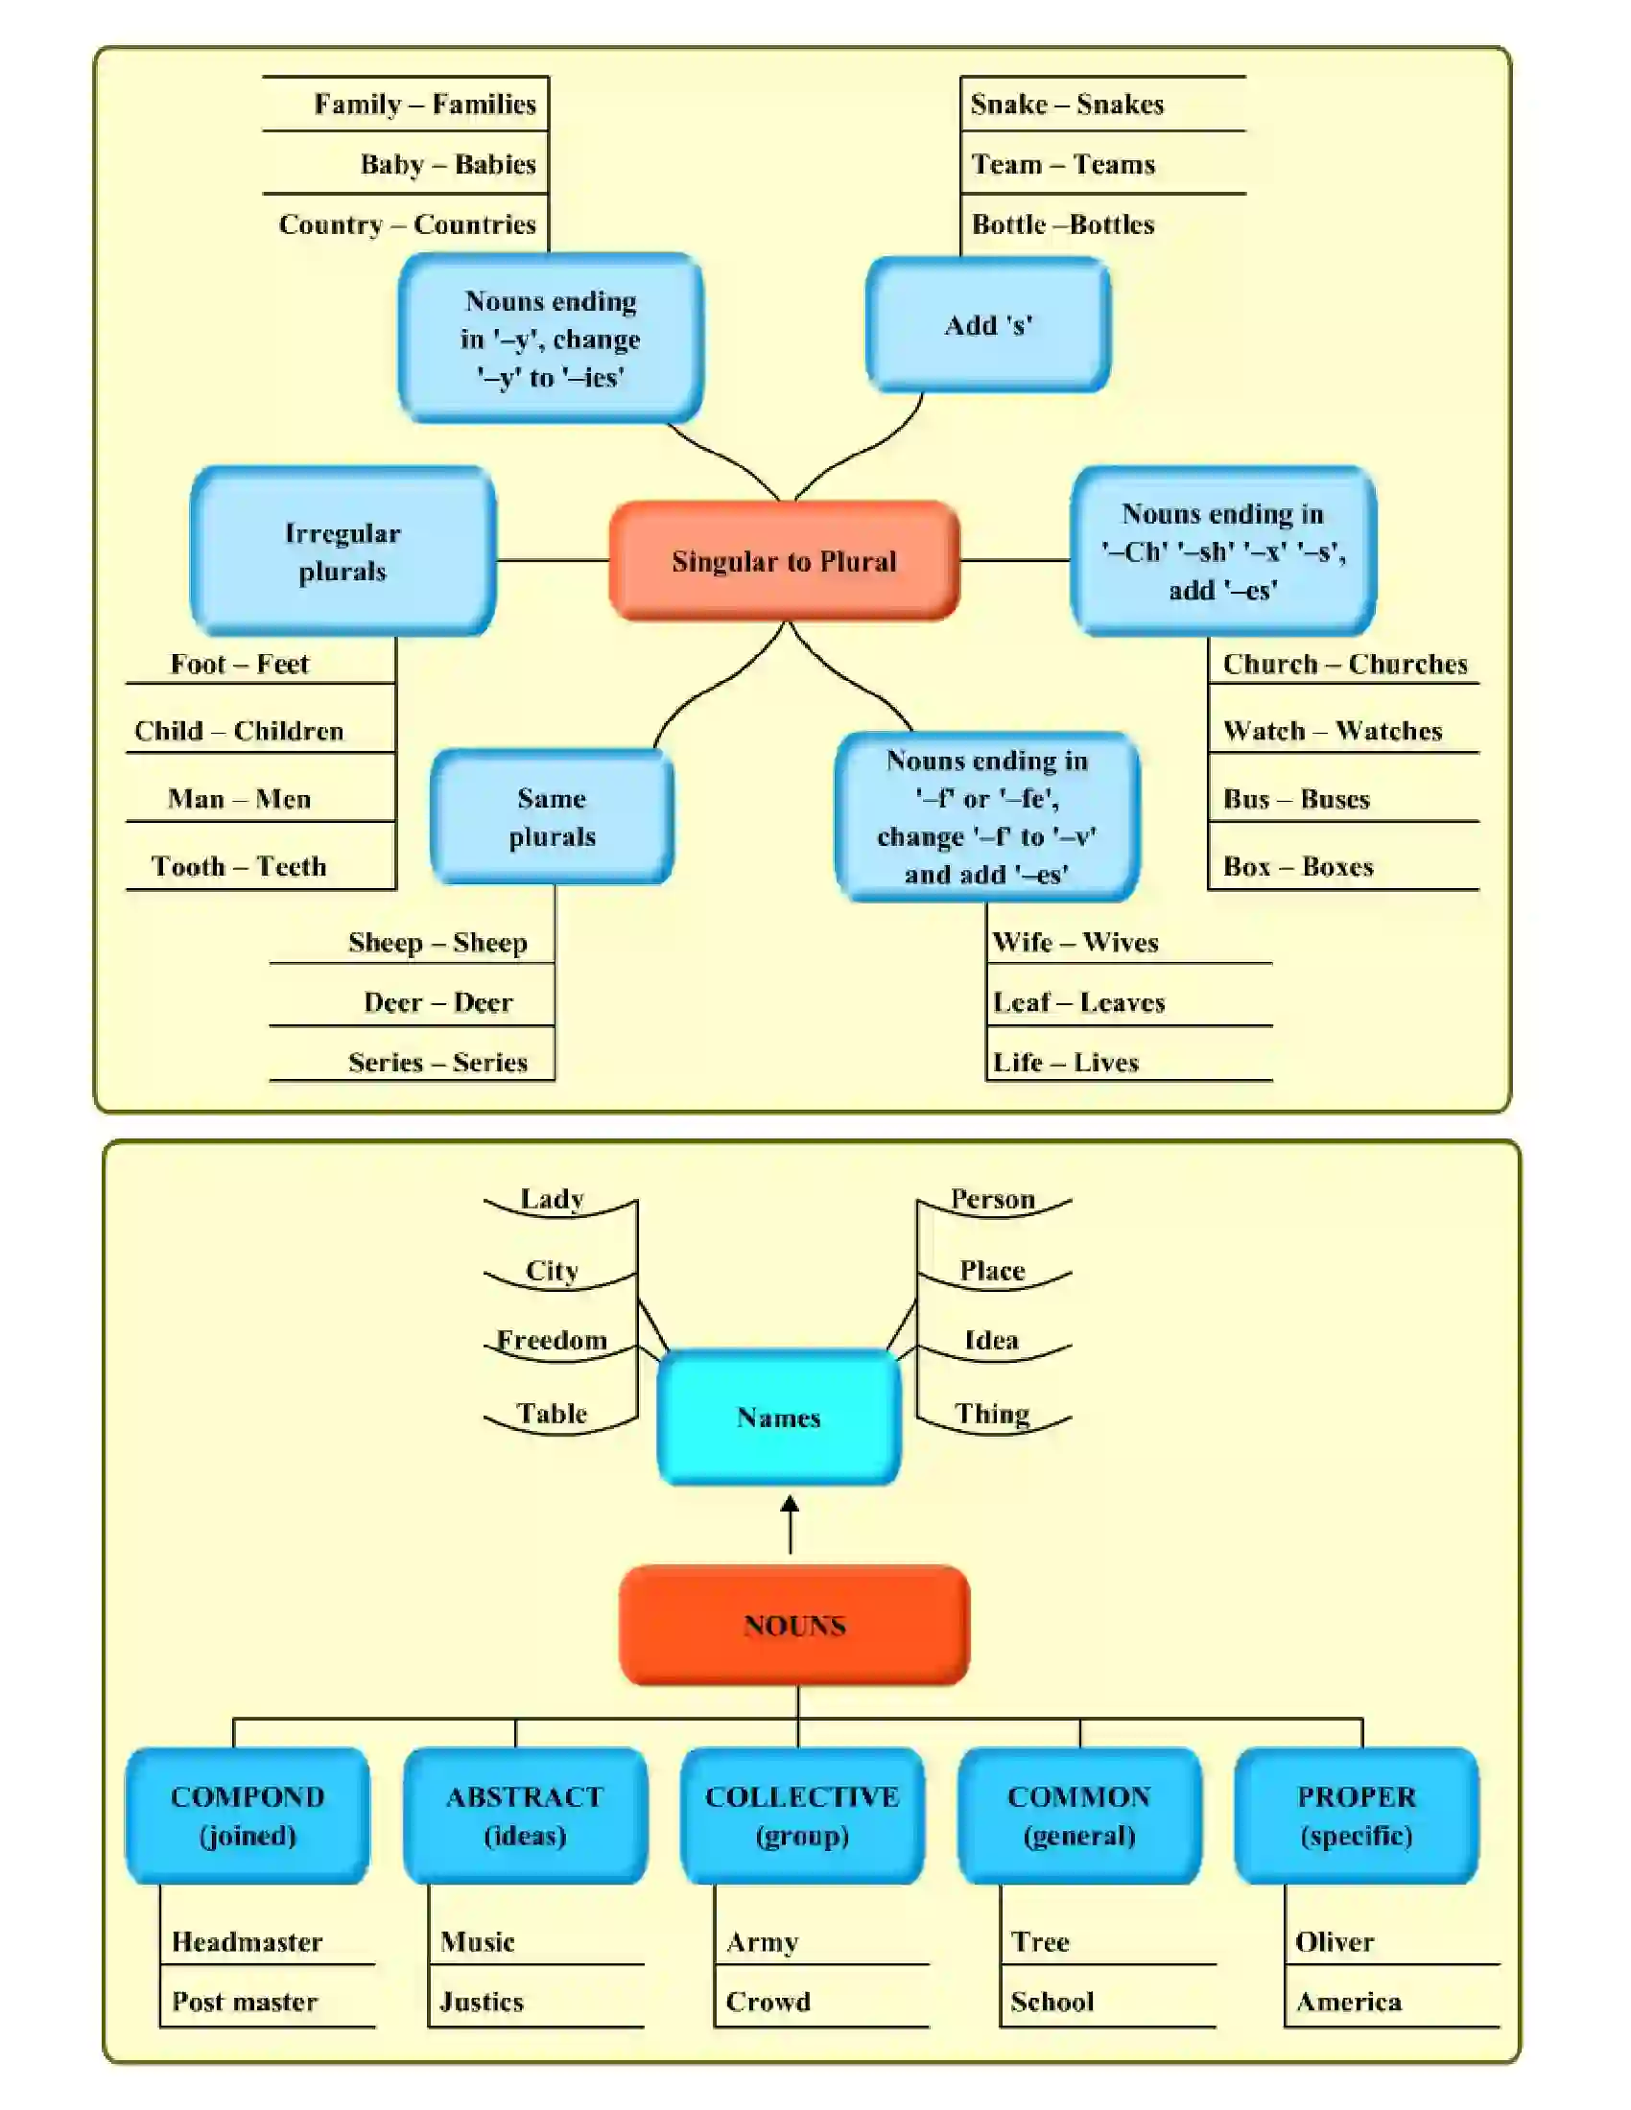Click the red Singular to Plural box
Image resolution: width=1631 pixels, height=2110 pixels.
pos(784,561)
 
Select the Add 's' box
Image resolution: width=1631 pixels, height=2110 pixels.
pos(987,324)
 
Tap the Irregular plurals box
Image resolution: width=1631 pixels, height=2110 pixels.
pos(343,551)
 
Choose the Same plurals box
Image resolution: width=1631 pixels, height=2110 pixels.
pos(552,817)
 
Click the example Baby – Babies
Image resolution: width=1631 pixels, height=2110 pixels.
pos(447,164)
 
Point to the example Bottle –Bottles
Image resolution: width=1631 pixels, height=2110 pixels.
pos(1063,224)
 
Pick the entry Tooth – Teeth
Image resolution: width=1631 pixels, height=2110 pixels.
pos(239,866)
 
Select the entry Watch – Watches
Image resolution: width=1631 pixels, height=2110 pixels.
pos(1332,731)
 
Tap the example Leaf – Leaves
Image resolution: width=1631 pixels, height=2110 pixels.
pos(1078,1002)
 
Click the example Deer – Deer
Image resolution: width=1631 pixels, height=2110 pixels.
pos(437,1002)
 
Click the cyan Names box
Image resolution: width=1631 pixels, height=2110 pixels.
pos(778,1418)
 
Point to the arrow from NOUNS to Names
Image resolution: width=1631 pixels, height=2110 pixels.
pos(790,1525)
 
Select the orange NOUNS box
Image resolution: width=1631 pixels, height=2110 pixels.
pos(794,1626)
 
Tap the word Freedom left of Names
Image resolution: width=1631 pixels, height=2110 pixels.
pos(552,1340)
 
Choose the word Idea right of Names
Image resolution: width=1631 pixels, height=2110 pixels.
pos(991,1340)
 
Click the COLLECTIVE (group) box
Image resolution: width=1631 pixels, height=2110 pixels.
pos(802,1816)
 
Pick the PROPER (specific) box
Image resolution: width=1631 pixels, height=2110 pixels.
pos(1356,1816)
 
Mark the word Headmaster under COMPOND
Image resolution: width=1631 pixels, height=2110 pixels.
pos(247,1942)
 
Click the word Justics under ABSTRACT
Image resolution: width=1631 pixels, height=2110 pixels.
pos(482,2002)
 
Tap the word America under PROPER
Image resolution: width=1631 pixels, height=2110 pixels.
pos(1348,2002)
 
